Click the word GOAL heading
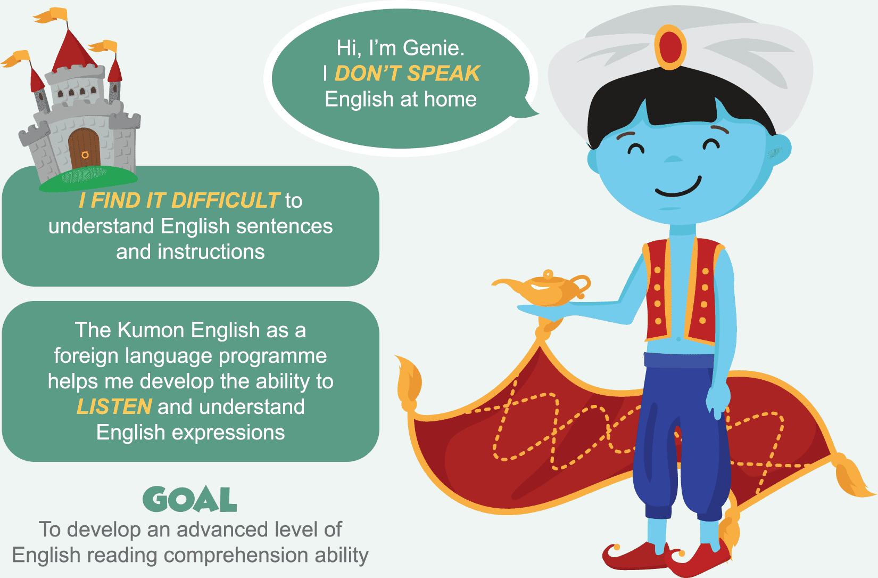coord(190,499)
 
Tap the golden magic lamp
coord(543,288)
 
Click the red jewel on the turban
coord(670,47)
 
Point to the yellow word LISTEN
coord(114,406)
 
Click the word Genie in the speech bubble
coord(433,48)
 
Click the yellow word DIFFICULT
coord(226,200)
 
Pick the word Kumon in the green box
coord(151,330)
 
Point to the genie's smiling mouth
coord(678,188)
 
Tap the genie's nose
coord(673,159)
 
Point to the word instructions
coord(211,252)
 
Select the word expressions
coord(228,433)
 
